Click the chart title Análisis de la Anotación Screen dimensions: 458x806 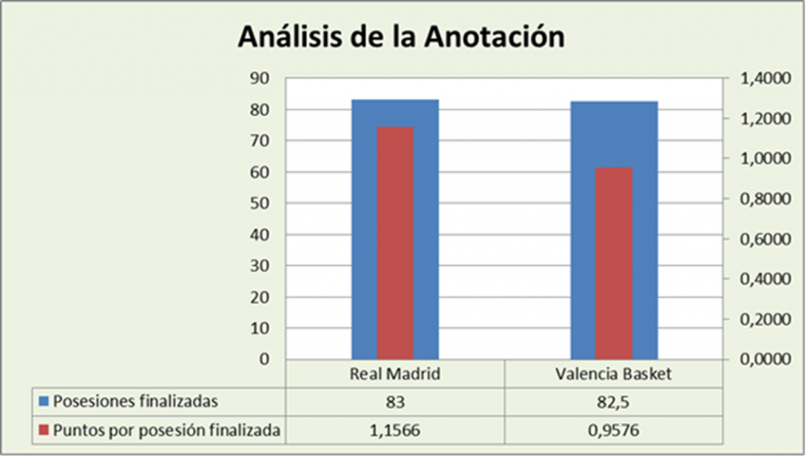(401, 36)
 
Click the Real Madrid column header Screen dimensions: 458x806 (395, 375)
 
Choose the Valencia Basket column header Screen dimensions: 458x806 (613, 375)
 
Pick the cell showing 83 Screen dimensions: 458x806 (395, 401)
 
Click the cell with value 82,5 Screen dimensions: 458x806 (613, 401)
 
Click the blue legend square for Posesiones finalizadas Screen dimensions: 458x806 (44, 402)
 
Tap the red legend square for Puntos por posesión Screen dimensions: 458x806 (44, 430)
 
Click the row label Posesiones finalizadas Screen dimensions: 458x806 (135, 401)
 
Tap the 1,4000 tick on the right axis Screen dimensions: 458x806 (760, 79)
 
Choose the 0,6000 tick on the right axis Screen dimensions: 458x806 (760, 239)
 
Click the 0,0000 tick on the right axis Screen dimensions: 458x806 (760, 360)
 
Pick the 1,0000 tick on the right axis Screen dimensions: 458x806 (760, 159)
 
